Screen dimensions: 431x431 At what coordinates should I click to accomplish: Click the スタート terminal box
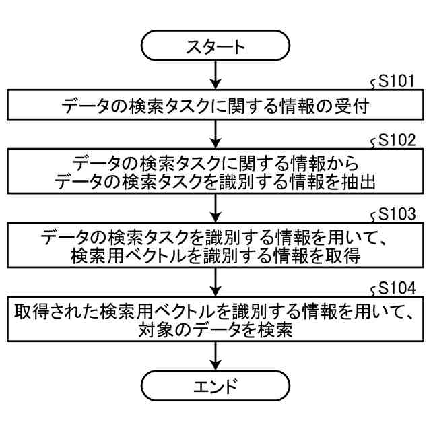pyautogui.click(x=215, y=46)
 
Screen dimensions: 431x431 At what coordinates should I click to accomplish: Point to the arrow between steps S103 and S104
pyautogui.click(x=215, y=278)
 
